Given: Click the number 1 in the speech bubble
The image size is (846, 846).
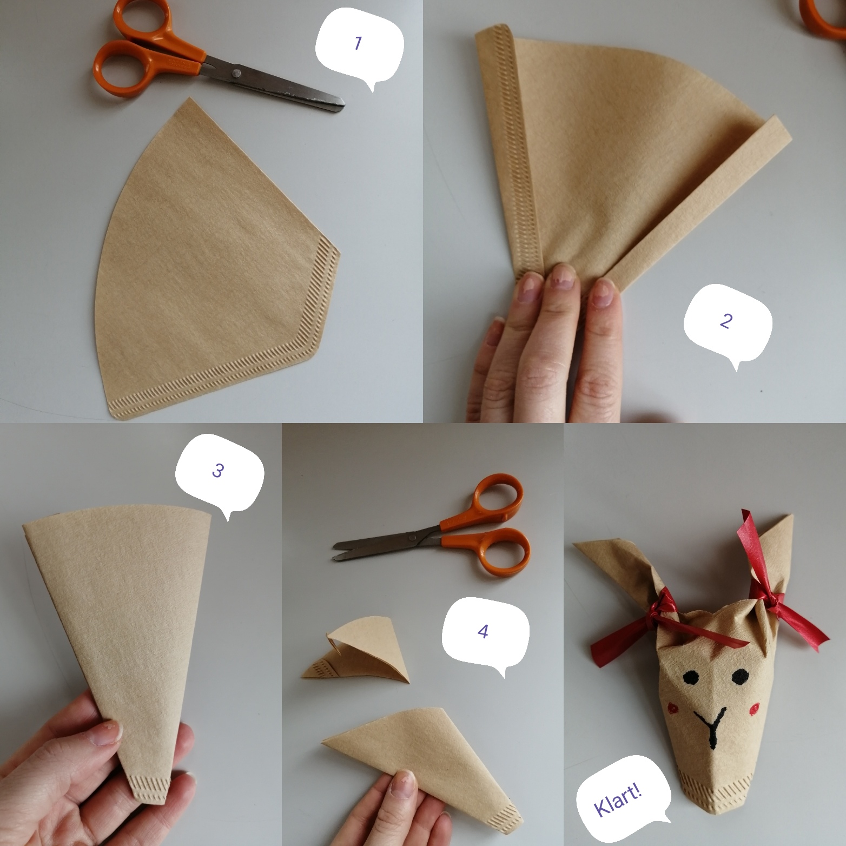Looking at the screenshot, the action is [x=358, y=43].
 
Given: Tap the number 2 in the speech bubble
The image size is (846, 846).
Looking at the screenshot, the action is [x=726, y=321].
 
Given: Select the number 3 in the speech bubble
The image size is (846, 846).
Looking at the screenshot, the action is [x=217, y=471].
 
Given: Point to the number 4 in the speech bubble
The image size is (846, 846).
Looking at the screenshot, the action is [x=483, y=631].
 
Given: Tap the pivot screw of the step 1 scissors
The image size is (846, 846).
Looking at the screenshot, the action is [x=236, y=72].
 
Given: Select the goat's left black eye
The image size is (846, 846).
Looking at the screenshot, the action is [x=690, y=677].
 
